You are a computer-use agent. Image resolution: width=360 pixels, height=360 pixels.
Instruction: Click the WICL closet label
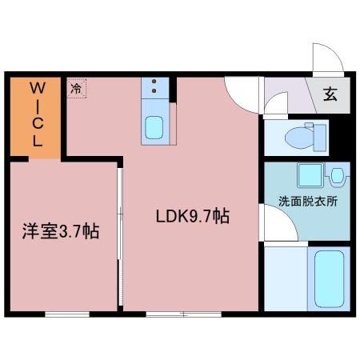point(38,114)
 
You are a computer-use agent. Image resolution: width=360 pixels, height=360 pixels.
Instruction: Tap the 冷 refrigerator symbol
point(77,88)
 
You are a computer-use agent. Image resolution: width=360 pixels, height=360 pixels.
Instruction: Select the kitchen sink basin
point(154,127)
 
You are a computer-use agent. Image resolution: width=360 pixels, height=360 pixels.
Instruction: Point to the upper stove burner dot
point(154,82)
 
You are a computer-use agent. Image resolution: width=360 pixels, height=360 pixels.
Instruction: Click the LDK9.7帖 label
point(193,216)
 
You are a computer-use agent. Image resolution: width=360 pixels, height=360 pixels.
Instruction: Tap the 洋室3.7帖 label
point(61,231)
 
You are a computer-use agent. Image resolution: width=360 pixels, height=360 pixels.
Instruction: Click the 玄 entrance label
point(330,94)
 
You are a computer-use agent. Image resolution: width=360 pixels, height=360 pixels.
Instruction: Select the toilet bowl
point(299,138)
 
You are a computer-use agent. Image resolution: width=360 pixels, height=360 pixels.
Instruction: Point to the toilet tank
point(320,138)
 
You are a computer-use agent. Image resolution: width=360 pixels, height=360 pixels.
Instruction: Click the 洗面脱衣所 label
point(308,201)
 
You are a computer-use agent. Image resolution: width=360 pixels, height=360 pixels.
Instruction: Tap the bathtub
point(329,279)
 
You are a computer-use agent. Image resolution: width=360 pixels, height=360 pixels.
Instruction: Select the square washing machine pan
point(310,175)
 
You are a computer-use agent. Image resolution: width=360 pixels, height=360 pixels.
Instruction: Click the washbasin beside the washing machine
point(337,176)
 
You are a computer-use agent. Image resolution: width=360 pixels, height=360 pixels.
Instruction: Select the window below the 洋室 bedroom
point(67,314)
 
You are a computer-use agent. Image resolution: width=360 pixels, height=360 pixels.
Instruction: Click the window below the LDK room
point(184,314)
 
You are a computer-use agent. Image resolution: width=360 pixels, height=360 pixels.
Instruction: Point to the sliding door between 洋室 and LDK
point(120,237)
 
